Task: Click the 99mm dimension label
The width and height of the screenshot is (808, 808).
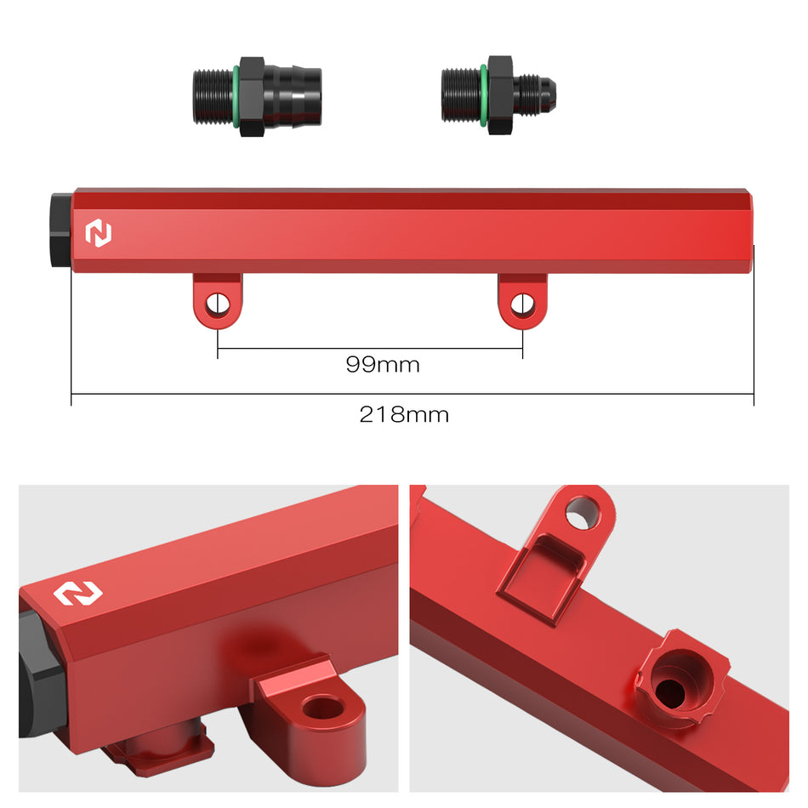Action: pyautogui.click(x=383, y=365)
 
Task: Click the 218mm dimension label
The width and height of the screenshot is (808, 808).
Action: pyautogui.click(x=403, y=415)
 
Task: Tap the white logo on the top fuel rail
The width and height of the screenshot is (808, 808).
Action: pyautogui.click(x=100, y=234)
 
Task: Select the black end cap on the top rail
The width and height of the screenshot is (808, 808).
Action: pyautogui.click(x=60, y=230)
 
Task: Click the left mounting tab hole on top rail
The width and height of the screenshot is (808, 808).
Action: pyautogui.click(x=217, y=303)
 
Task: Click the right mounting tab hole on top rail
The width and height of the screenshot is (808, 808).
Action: pyautogui.click(x=522, y=303)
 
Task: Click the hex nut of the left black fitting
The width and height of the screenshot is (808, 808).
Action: pyautogui.click(x=252, y=96)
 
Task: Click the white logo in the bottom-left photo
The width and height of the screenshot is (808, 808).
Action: pyautogui.click(x=78, y=593)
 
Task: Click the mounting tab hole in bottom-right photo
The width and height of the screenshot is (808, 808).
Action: pyautogui.click(x=583, y=511)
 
